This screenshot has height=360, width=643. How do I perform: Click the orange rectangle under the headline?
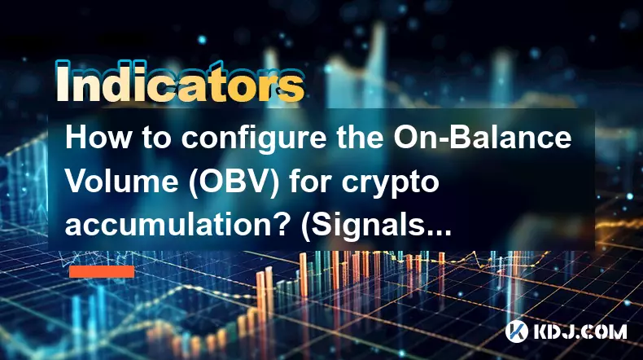coord(102,271)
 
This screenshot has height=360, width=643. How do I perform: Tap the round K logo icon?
coord(517,331)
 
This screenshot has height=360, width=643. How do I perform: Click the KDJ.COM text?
coord(580,331)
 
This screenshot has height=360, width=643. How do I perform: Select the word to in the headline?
coord(156,138)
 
